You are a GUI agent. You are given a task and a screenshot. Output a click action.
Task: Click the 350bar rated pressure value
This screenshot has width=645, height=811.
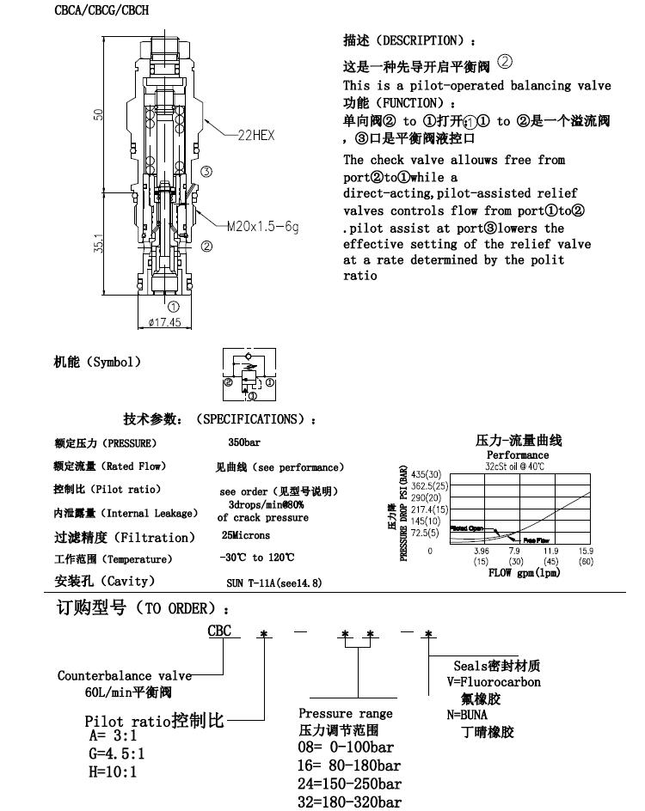(x=244, y=443)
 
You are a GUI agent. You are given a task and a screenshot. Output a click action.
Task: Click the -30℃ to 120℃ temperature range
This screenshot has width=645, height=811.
(x=256, y=558)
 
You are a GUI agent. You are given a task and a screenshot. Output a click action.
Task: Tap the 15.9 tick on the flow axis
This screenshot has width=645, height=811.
(x=585, y=551)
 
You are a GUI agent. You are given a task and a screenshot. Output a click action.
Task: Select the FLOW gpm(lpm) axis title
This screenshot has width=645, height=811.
(x=524, y=572)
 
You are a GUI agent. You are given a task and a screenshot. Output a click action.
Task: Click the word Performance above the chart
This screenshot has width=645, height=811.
(x=518, y=454)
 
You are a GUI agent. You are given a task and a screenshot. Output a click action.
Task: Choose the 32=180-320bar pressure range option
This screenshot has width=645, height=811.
(x=349, y=802)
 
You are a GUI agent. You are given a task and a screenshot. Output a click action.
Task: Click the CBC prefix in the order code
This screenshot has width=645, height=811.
(x=218, y=631)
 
